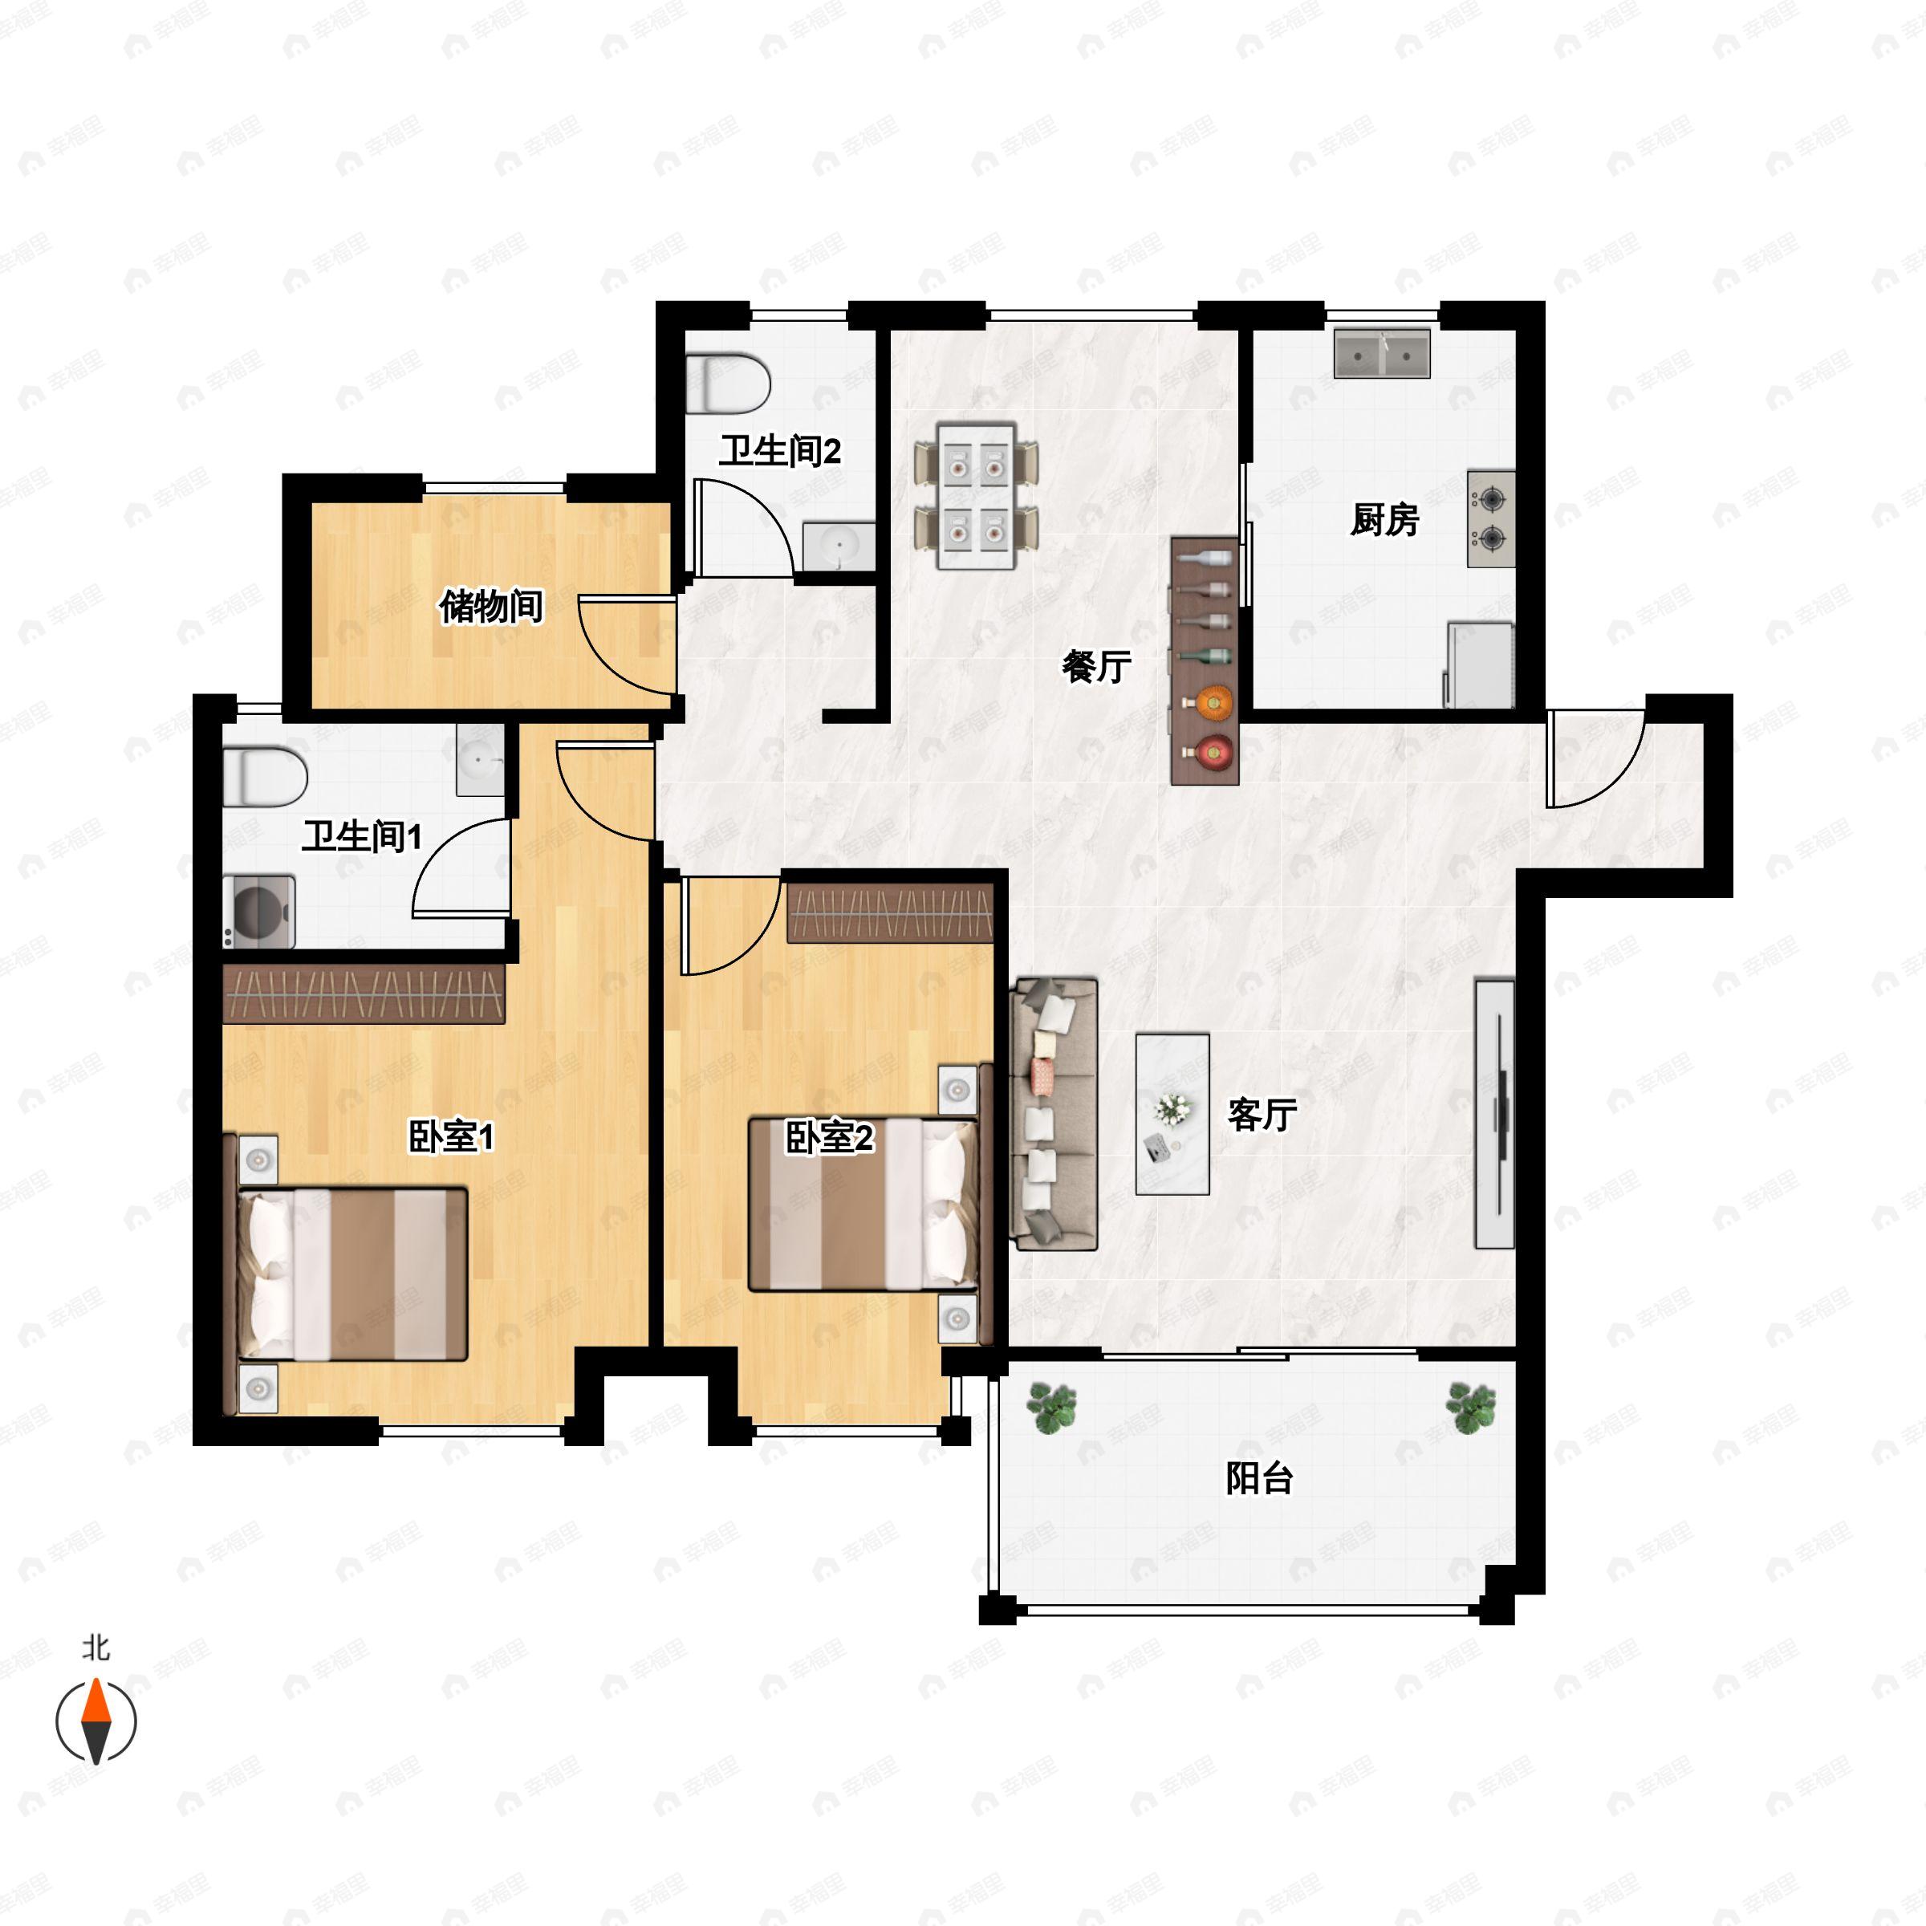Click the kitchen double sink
1382,354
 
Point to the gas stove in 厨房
1490,518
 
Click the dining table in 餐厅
977,495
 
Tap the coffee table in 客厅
1172,1114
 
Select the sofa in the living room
1054,1114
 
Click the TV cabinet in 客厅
1494,1114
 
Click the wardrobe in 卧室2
890,913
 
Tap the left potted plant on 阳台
1053,1408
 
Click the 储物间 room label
491,606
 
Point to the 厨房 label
1384,519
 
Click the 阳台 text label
1259,1477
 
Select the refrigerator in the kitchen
1479,665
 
